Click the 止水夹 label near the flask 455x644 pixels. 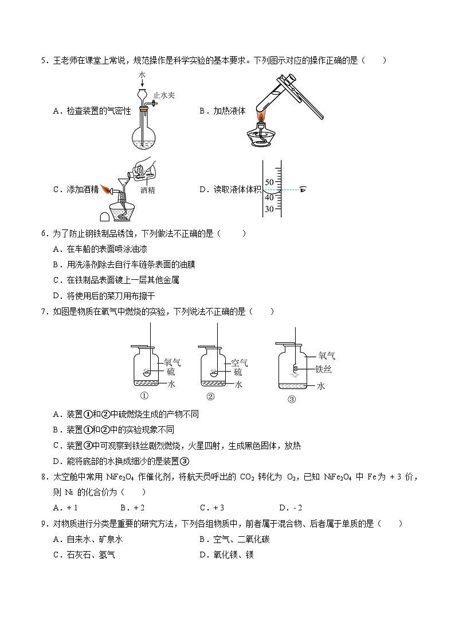164,96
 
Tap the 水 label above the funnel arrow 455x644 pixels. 142,75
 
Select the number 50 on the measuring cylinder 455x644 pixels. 269,182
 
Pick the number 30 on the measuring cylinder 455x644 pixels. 269,209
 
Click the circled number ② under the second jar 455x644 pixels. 210,396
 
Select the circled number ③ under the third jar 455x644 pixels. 292,400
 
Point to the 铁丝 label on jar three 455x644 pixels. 324,370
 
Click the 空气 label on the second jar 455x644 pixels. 239,362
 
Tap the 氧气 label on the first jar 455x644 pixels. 172,362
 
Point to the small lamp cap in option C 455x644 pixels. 105,216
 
